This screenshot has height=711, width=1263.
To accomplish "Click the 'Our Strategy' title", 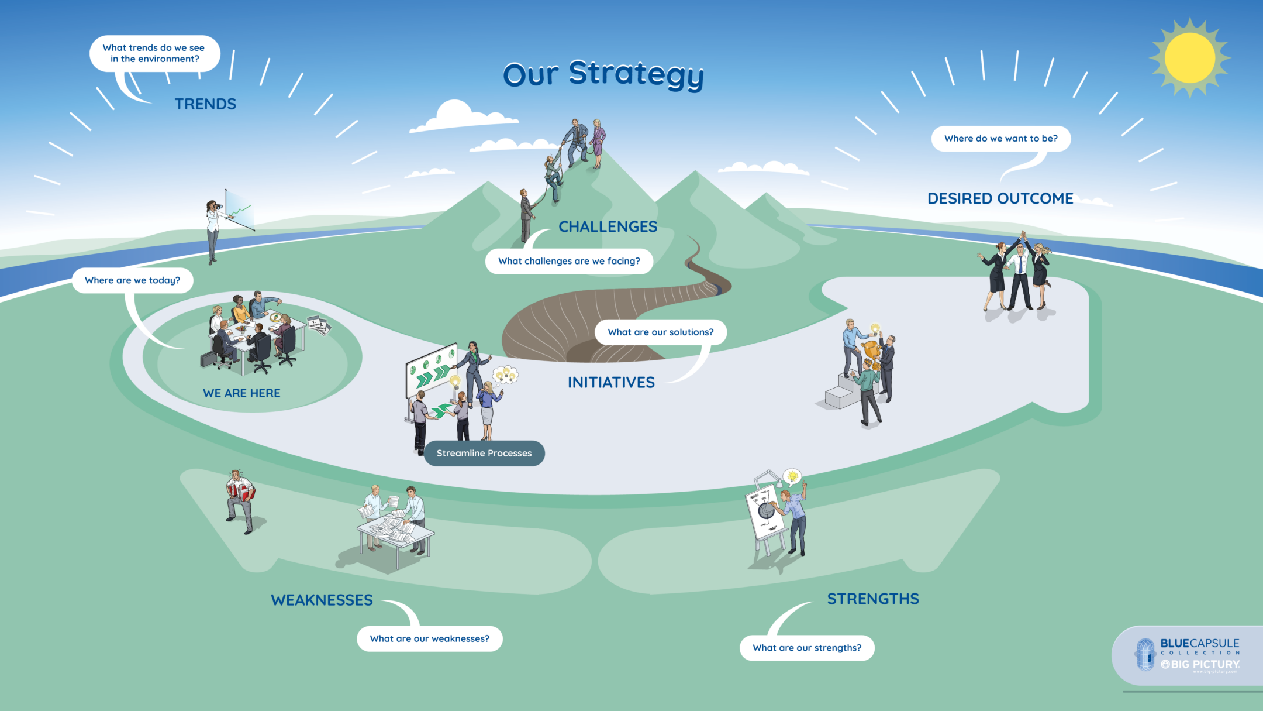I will pyautogui.click(x=603, y=75).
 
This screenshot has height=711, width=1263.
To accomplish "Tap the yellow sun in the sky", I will pyautogui.click(x=1189, y=58).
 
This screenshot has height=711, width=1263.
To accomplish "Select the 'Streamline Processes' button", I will pyautogui.click(x=484, y=454).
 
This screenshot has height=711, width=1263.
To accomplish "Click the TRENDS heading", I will pyautogui.click(x=205, y=104).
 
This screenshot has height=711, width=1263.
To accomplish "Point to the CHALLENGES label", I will pyautogui.click(x=608, y=226).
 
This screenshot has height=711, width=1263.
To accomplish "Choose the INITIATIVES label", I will pyautogui.click(x=611, y=383).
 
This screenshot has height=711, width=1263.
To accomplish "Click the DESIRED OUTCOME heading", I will pyautogui.click(x=1000, y=198).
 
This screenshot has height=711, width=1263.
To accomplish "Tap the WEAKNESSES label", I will pyautogui.click(x=322, y=600).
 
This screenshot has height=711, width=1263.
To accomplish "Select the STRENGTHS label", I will pyautogui.click(x=872, y=599).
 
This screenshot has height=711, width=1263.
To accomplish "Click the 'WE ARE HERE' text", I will pyautogui.click(x=241, y=393).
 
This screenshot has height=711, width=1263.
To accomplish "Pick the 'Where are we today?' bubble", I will pyautogui.click(x=133, y=280).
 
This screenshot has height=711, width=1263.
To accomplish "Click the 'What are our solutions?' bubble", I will pyautogui.click(x=661, y=332).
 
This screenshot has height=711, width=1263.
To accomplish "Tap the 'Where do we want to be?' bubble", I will pyautogui.click(x=1000, y=139).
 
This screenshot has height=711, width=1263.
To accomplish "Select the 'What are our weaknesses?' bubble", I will pyautogui.click(x=430, y=639).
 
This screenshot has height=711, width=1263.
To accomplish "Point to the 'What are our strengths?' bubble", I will pyautogui.click(x=807, y=648).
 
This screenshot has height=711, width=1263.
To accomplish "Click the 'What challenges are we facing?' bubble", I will pyautogui.click(x=569, y=261).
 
